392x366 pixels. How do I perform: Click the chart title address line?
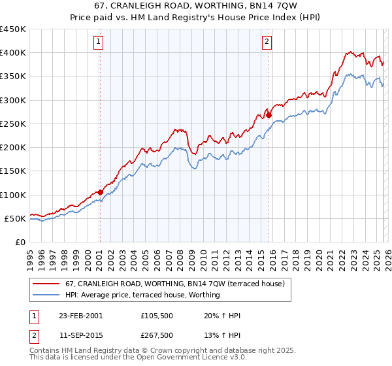coord(195,6)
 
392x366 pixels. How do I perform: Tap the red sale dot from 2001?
coord(100,192)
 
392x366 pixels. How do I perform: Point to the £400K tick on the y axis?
coord(13,53)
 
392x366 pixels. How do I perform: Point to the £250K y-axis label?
coord(13,124)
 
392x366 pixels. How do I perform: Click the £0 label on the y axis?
coord(20,242)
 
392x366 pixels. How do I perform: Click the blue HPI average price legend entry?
coord(142,295)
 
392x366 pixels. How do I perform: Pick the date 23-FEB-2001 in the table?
coord(80,316)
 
